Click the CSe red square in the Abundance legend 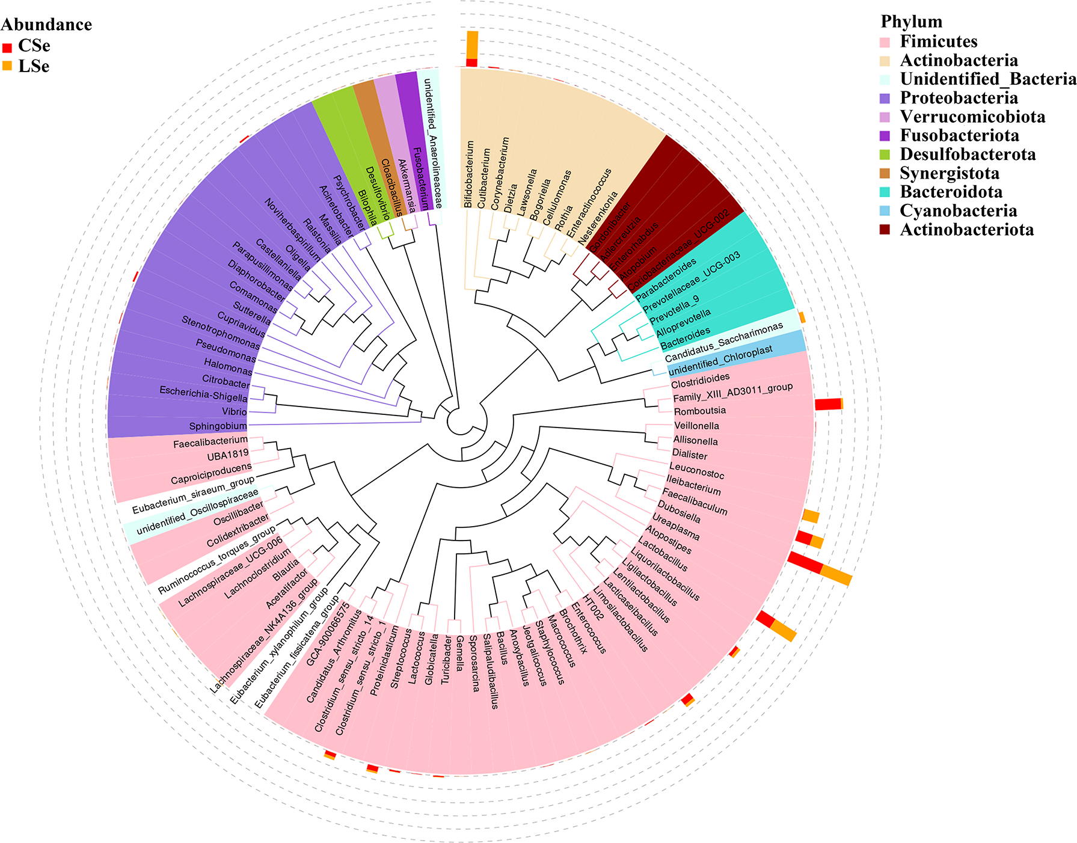point(7,48)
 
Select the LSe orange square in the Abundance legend point(7,66)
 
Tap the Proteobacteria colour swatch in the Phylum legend point(885,99)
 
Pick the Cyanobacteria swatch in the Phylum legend point(885,211)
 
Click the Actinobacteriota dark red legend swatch point(885,230)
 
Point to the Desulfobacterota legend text point(968,155)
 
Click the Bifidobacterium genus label point(469,174)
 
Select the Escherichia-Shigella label point(203,394)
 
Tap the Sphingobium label point(218,426)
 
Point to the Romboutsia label point(699,411)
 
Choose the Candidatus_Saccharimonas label point(723,342)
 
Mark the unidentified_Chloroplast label point(720,360)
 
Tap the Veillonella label point(696,426)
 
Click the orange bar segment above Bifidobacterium point(472,44)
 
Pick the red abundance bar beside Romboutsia point(827,405)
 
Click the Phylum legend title point(911,22)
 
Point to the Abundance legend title point(46,25)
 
